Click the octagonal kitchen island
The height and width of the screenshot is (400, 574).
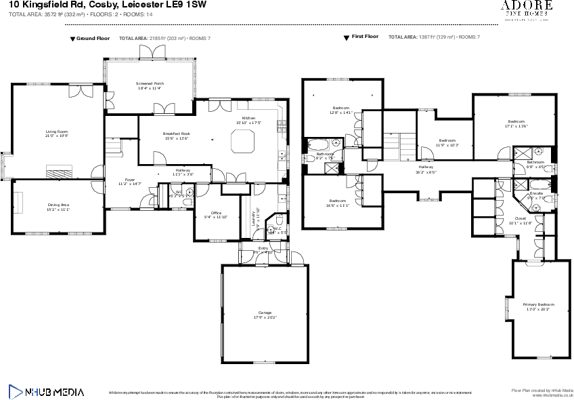tap(243, 142)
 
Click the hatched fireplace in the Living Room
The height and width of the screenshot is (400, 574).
tap(59, 172)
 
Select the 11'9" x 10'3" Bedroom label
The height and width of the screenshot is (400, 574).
tap(447, 142)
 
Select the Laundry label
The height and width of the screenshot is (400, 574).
tap(255, 218)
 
